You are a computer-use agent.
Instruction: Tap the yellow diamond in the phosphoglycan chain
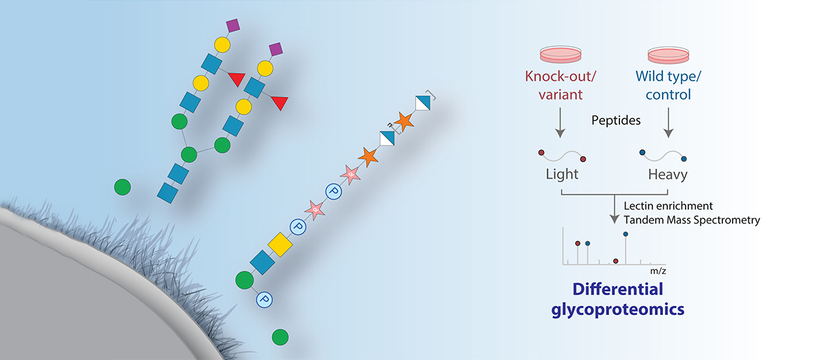tap(279, 243)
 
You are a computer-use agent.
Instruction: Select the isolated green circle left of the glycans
tap(123, 186)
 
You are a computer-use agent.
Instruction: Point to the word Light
tap(562, 174)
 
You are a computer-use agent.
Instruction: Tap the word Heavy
tap(668, 174)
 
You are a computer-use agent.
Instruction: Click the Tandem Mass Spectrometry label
tap(692, 220)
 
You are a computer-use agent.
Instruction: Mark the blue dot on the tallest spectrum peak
tap(626, 234)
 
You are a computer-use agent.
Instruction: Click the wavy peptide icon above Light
tap(562, 154)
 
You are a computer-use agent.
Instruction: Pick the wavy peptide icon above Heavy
tap(662, 155)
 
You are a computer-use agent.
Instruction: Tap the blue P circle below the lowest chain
tap(264, 299)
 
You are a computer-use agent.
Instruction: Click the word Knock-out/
tap(561, 77)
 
